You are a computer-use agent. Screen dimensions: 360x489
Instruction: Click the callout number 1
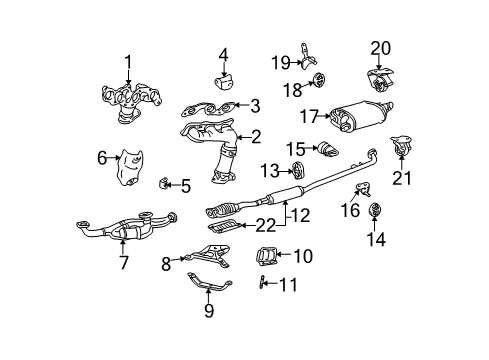(x=128, y=61)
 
